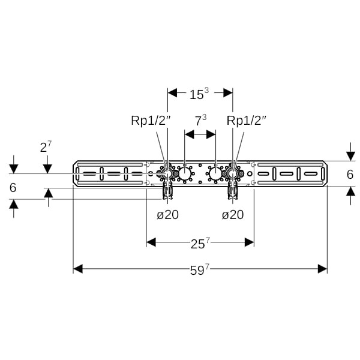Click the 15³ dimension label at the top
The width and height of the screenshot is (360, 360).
199,94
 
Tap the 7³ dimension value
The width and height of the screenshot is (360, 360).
200,121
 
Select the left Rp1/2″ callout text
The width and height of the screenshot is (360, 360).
151,121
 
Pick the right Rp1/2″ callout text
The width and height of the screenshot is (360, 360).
247,121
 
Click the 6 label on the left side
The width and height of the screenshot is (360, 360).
13,188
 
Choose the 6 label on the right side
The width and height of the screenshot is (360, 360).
350,174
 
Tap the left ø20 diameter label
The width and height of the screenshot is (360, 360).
168,214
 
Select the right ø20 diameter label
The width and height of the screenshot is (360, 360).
233,214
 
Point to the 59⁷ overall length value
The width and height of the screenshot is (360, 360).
200,269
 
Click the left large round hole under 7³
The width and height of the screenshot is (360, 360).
185,175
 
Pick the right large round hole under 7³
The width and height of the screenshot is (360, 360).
215,175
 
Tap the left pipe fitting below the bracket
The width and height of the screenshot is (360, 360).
167,191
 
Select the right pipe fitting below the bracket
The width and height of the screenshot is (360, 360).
233,191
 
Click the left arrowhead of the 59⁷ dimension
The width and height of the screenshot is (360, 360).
77,269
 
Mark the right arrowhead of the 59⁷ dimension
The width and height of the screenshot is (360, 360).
323,269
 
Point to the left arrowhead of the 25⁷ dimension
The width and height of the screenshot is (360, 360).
151,242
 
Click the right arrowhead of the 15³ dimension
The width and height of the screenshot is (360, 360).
228,92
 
